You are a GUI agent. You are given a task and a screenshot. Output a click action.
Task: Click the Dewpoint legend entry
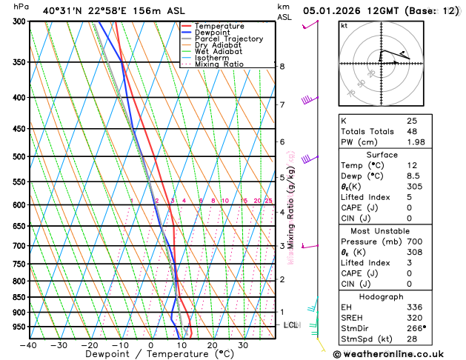point(215,33)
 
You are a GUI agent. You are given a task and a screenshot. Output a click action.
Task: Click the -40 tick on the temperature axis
point(28,345)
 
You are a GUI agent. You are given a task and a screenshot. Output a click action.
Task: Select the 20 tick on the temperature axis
point(212,345)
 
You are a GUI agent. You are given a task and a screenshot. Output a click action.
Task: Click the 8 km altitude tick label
point(282,67)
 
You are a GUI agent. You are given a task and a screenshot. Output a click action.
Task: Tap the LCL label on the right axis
point(291,325)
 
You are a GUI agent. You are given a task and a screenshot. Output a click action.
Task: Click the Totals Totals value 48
point(411,131)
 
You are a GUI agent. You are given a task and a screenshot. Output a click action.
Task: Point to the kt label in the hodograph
point(344,26)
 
